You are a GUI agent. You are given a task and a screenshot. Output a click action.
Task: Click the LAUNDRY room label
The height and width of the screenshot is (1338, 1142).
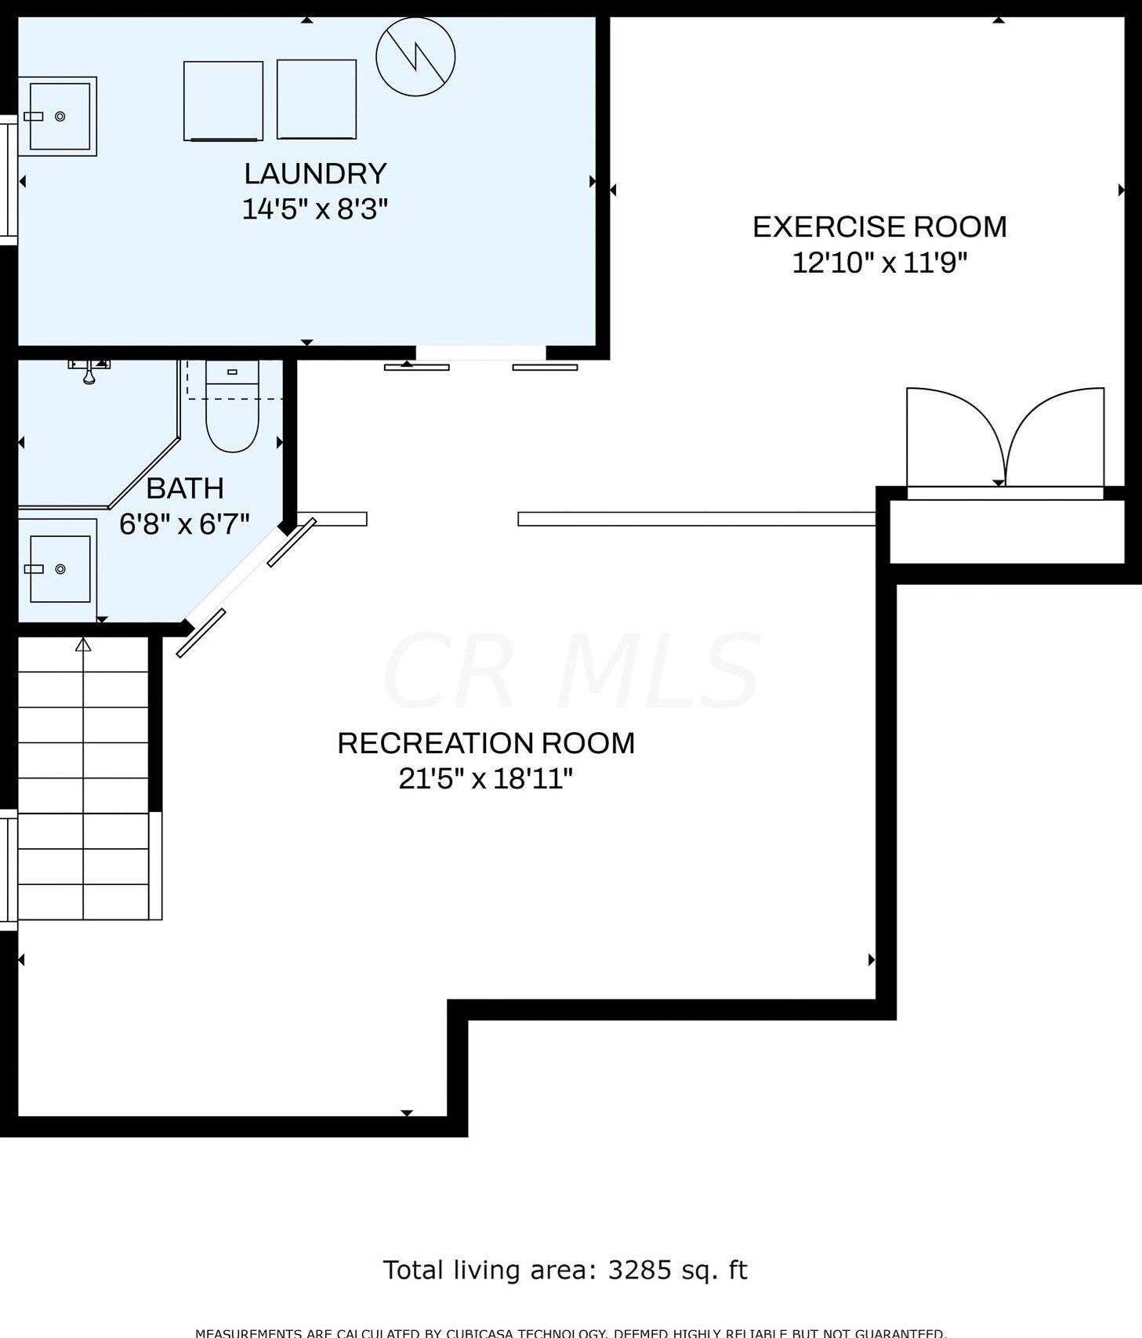tap(315, 173)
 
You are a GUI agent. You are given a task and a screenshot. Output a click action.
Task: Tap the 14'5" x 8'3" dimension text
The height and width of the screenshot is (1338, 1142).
tap(315, 209)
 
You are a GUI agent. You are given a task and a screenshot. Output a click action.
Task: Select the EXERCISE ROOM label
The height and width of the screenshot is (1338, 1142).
tap(879, 227)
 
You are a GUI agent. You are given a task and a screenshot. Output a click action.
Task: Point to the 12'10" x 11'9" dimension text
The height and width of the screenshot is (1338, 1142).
tap(879, 263)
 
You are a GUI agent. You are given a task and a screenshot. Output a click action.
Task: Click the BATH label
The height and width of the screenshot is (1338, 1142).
tap(185, 488)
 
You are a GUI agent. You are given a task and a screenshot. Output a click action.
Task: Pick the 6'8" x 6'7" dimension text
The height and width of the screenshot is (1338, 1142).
tap(184, 524)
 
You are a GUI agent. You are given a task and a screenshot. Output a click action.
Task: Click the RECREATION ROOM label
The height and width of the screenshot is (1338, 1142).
tap(486, 743)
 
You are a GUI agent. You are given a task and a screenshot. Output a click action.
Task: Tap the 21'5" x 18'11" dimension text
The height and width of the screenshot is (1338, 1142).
tap(486, 779)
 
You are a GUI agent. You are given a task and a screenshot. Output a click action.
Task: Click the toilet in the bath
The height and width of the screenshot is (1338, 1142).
tap(232, 415)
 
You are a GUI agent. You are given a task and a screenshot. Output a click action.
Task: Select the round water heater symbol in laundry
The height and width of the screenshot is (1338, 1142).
tap(415, 56)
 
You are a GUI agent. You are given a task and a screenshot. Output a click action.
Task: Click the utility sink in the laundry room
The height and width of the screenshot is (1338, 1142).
tap(59, 116)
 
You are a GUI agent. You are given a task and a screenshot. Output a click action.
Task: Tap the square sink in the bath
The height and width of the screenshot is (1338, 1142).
tap(60, 569)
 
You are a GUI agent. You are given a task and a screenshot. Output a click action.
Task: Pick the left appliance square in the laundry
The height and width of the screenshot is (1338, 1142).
tap(223, 101)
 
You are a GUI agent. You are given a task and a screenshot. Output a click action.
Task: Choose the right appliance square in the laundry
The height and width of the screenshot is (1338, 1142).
tap(317, 100)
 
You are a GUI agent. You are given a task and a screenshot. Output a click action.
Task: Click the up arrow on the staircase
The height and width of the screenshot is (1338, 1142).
tap(83, 645)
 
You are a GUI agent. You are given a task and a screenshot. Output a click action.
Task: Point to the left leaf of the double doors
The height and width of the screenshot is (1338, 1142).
tap(948, 435)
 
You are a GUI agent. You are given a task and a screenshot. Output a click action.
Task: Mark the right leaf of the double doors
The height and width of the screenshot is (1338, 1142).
tap(1058, 435)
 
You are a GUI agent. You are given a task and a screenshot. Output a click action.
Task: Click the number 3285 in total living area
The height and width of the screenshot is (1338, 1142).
tap(640, 1270)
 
